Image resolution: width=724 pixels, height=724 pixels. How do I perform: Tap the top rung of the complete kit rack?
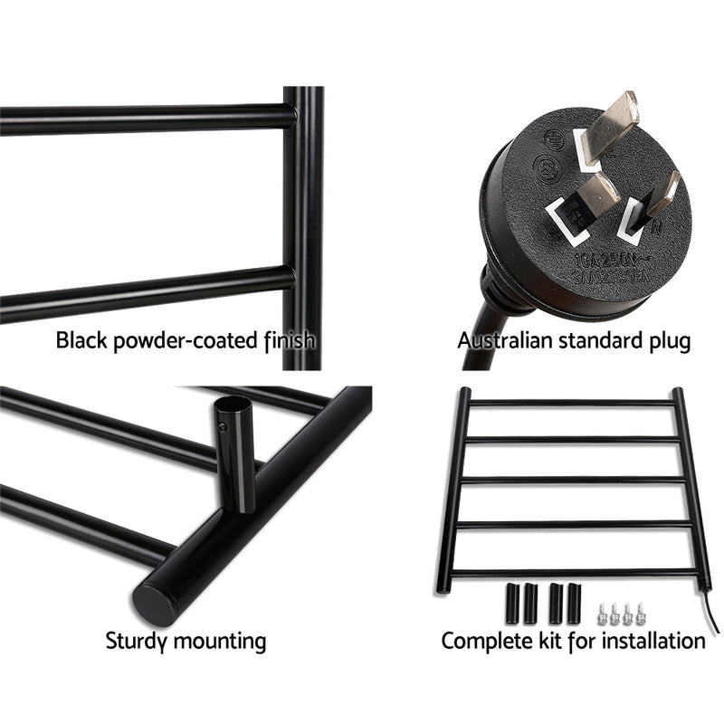pos(572,403)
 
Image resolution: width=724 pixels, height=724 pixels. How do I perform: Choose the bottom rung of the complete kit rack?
pos(572,570)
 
